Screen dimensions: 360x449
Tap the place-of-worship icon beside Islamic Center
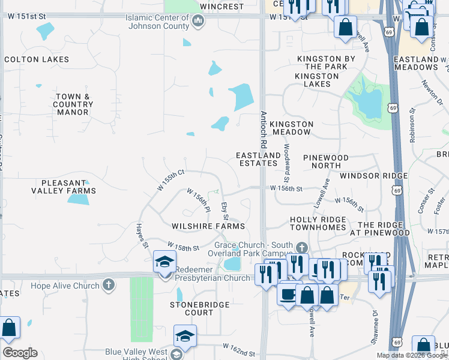198,22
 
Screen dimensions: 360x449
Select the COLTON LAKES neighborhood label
37,59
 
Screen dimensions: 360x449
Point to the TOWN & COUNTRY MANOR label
73,104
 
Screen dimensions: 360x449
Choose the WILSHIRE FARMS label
208,226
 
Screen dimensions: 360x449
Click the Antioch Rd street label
263,130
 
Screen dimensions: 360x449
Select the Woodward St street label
286,167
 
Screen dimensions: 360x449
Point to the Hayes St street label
142,233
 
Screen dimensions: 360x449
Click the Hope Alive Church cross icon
108,284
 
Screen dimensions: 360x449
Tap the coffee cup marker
288,295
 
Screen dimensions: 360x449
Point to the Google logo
20,353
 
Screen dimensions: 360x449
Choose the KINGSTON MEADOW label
292,124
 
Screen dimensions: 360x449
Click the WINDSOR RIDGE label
373,176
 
